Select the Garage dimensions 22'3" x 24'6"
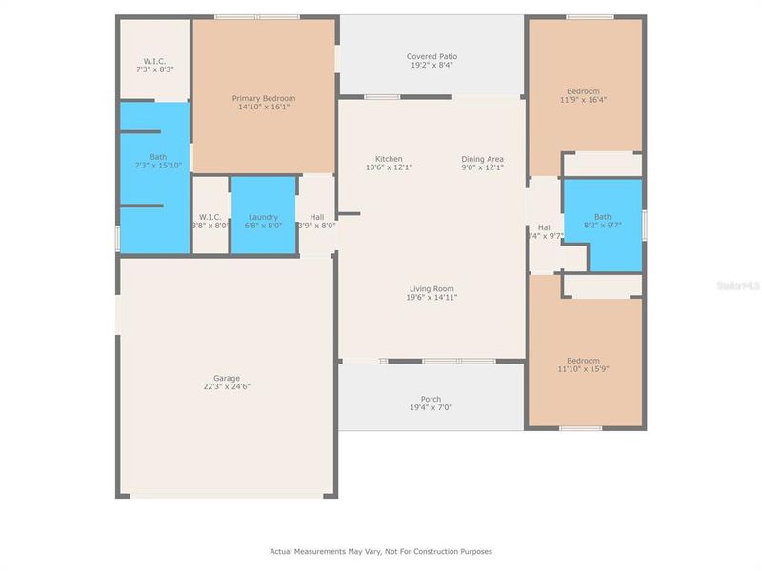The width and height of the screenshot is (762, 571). [x=226, y=387]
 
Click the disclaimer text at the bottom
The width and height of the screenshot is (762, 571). [x=381, y=551]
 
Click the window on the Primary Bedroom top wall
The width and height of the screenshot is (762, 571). [x=257, y=16]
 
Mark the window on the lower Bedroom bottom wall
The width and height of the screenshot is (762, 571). [x=580, y=428]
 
